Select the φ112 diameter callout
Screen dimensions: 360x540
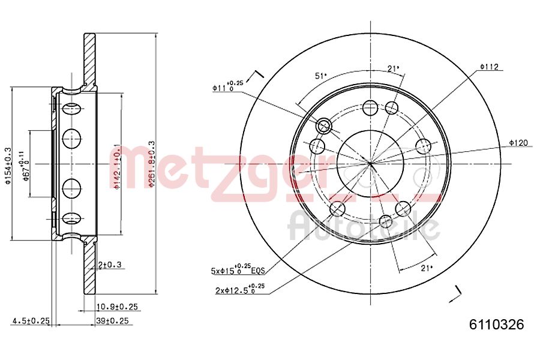coord(490,67)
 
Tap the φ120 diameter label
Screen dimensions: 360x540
coord(518,142)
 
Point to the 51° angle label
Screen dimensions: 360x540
coord(321,76)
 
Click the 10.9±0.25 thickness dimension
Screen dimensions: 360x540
coord(117,307)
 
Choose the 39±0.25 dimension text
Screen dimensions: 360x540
coord(112,321)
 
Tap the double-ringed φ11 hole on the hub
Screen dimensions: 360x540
coord(324,125)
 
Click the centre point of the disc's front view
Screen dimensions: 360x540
coord(370,162)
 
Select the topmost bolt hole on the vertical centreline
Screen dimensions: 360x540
coord(370,108)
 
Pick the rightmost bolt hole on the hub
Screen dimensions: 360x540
coord(424,146)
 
